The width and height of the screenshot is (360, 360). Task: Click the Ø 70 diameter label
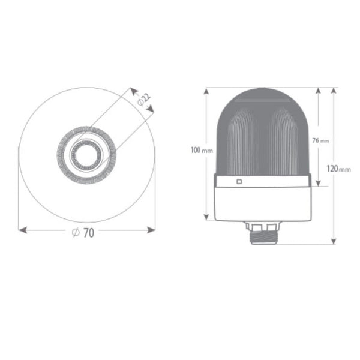pyautogui.click(x=83, y=233)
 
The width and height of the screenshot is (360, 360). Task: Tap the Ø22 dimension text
pyautogui.click(x=144, y=99)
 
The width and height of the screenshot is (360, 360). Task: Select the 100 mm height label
pyautogui.click(x=202, y=151)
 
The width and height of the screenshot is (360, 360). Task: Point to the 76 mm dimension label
pyautogui.click(x=320, y=140)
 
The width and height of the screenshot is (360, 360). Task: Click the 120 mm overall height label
pyautogui.click(x=338, y=169)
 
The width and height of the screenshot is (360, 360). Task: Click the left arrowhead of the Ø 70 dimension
pyautogui.click(x=23, y=230)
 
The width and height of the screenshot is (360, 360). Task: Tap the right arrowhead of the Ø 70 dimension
pyautogui.click(x=151, y=230)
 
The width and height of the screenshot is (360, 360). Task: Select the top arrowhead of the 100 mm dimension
pyautogui.click(x=206, y=91)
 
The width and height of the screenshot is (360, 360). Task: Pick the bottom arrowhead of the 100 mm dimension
pyautogui.click(x=206, y=217)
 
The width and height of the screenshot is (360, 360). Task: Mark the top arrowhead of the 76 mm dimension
pyautogui.click(x=318, y=91)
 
